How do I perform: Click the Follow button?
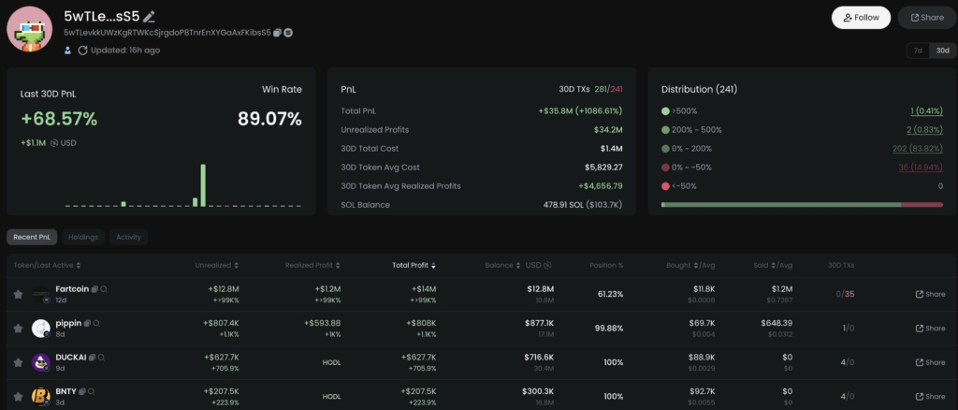[861, 17]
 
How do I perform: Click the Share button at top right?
[927, 17]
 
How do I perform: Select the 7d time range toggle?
[918, 51]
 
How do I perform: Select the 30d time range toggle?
[942, 51]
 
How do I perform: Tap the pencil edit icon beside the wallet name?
[150, 17]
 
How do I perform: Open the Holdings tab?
[84, 237]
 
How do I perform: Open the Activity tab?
[128, 237]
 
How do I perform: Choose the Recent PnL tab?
[32, 237]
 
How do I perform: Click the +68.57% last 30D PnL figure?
[59, 119]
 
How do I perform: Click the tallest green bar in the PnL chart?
[203, 185]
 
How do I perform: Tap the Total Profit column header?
[412, 265]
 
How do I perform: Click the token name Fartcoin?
[72, 289]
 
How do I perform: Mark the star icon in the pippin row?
[18, 329]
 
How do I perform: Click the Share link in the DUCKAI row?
[930, 362]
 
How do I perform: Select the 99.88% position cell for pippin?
[610, 328]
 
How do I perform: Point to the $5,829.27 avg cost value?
[598, 167]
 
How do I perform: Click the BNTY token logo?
[40, 396]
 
